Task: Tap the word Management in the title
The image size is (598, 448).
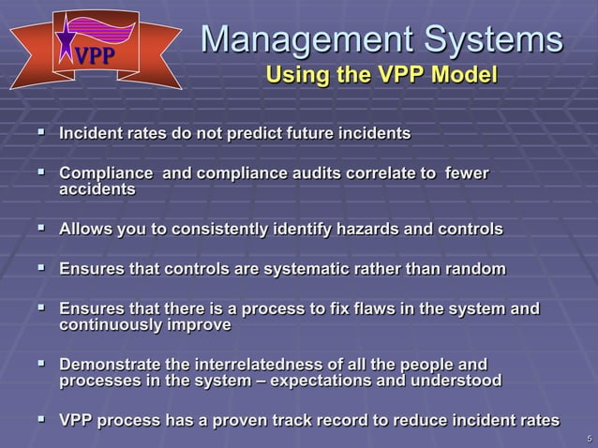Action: coord(300,38)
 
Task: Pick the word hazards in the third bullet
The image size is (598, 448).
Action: coord(355,230)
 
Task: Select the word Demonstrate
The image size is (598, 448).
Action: coord(105,365)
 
